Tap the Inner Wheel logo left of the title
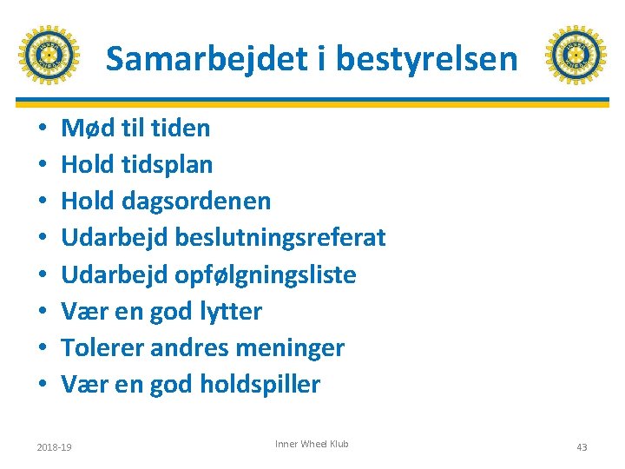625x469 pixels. coord(49,55)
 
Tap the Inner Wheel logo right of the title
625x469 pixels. coord(576,55)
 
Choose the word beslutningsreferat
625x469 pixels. coord(280,238)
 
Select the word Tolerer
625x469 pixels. coord(103,348)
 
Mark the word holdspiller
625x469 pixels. coord(260,385)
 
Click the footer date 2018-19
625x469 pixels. coord(54,447)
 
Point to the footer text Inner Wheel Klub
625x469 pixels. coord(312,444)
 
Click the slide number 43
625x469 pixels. coord(582,447)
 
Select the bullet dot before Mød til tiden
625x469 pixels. coord(42,129)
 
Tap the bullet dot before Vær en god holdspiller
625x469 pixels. coord(42,386)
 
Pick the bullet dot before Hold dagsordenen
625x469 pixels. coord(42,202)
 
